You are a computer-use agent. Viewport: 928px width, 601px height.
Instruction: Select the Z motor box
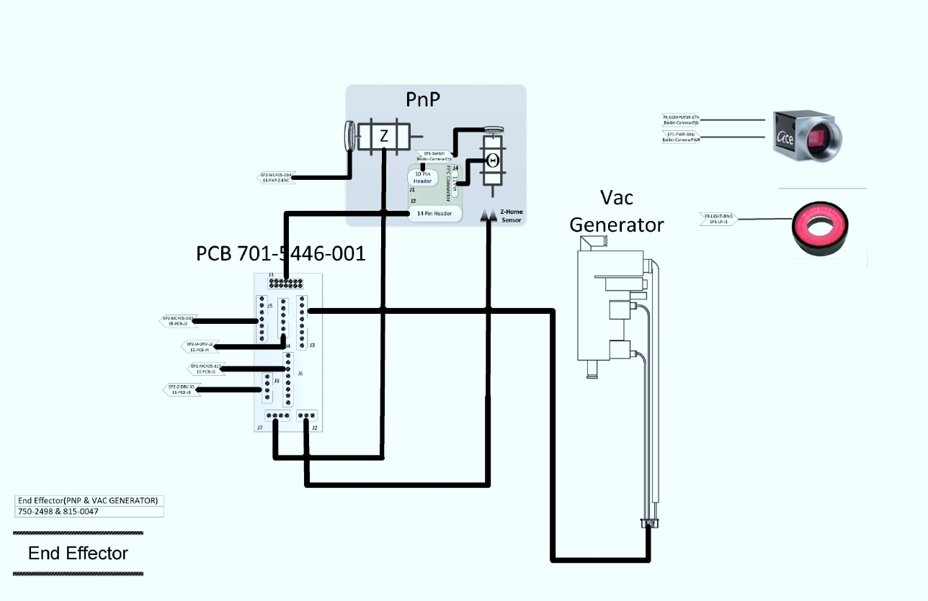coord(384,135)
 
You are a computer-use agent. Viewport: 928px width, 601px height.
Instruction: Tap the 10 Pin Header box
coord(423,177)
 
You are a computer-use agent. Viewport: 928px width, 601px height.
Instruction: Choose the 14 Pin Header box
coord(434,213)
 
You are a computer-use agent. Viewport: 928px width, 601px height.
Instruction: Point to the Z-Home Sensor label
coord(510,216)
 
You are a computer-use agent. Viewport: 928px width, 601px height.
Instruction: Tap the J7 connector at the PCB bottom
coord(277,416)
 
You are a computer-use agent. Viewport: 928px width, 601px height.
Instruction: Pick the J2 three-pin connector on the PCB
coord(308,416)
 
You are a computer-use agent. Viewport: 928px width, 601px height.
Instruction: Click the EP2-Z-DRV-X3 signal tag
coord(181,389)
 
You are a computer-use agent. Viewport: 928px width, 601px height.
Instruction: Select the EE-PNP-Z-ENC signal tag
coord(275,178)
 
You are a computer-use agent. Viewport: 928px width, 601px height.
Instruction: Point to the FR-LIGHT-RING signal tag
coord(718,219)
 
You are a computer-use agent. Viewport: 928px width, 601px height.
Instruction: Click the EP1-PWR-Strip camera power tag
coord(681,137)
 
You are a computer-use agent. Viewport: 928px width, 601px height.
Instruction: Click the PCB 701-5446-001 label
coord(281,253)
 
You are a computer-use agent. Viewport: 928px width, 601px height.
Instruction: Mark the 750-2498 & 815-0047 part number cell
coord(58,512)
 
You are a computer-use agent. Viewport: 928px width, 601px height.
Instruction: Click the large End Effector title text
coord(78,553)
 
